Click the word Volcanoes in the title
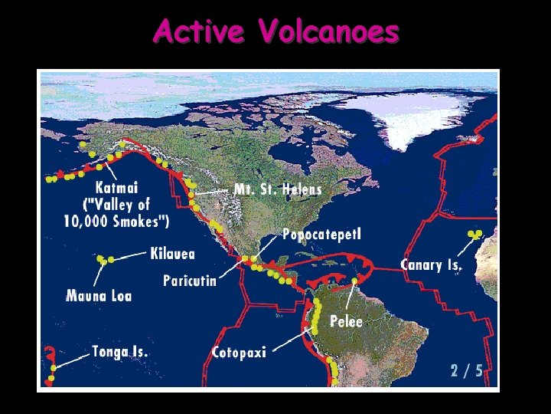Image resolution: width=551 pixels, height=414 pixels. click(x=329, y=32)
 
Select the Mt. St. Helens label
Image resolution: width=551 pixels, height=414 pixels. click(x=278, y=189)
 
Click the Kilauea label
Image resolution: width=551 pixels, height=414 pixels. click(x=173, y=254)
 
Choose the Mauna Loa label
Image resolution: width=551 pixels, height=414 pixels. click(x=99, y=295)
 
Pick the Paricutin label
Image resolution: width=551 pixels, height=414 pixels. click(x=190, y=281)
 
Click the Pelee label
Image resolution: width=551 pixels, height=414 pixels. click(x=346, y=321)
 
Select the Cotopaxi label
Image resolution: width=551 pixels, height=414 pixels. click(x=239, y=353)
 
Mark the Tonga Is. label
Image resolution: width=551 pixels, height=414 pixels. click(x=120, y=352)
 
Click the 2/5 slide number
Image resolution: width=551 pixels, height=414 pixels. click(x=467, y=371)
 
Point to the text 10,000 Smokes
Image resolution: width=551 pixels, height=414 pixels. click(x=117, y=221)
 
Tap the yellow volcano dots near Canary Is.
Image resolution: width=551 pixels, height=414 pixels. click(x=475, y=234)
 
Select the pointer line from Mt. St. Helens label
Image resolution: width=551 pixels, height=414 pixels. click(x=214, y=189)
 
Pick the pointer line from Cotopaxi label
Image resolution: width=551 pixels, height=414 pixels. click(x=292, y=341)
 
